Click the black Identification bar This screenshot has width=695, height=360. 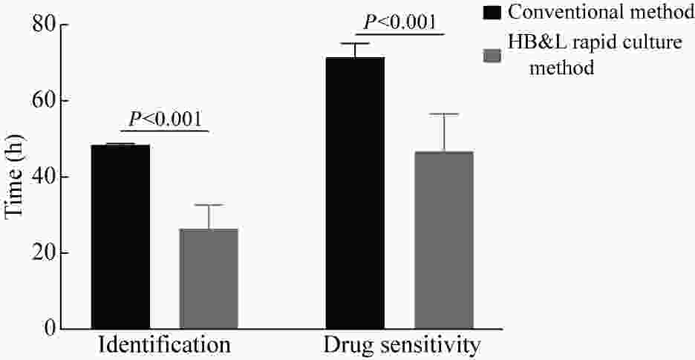click(120, 237)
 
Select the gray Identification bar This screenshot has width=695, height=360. click(209, 278)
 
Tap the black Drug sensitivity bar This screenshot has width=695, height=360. click(355, 193)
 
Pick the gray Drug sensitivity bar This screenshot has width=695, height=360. click(443, 240)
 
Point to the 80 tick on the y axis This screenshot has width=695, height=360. click(44, 25)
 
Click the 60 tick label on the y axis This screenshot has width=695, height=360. click(44, 101)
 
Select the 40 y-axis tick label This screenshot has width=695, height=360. click(44, 177)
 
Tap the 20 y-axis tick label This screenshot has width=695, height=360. click(44, 253)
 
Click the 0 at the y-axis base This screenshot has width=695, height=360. click(49, 329)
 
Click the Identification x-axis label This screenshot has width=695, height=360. click(164, 346)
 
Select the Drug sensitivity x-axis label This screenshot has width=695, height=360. click(402, 346)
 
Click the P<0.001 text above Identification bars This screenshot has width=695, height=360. click(165, 118)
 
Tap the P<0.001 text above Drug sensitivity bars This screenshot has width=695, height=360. click(399, 22)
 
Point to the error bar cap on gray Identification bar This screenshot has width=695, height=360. click(209, 205)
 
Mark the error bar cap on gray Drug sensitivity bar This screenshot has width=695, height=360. click(443, 114)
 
